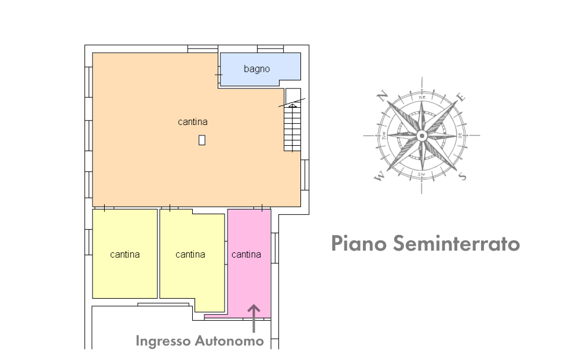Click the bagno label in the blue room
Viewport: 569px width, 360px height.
(x=256, y=69)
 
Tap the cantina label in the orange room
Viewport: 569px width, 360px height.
(x=192, y=122)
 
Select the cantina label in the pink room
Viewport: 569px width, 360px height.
(x=246, y=254)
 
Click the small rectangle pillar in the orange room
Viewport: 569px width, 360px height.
(x=201, y=139)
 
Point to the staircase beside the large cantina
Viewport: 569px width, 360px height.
(x=293, y=124)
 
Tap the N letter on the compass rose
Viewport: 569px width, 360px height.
(x=382, y=97)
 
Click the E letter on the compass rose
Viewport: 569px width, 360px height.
(x=461, y=97)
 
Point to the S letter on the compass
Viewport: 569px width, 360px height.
(x=461, y=176)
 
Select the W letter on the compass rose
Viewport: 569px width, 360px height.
(x=380, y=177)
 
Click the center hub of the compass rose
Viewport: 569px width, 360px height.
(x=422, y=136)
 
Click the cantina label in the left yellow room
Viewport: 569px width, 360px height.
(x=125, y=254)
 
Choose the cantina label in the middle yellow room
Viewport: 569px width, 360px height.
(x=190, y=254)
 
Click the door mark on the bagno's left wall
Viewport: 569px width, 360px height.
(x=218, y=75)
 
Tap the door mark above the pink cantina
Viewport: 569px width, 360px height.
(x=262, y=207)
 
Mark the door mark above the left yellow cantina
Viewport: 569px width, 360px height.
(x=104, y=207)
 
